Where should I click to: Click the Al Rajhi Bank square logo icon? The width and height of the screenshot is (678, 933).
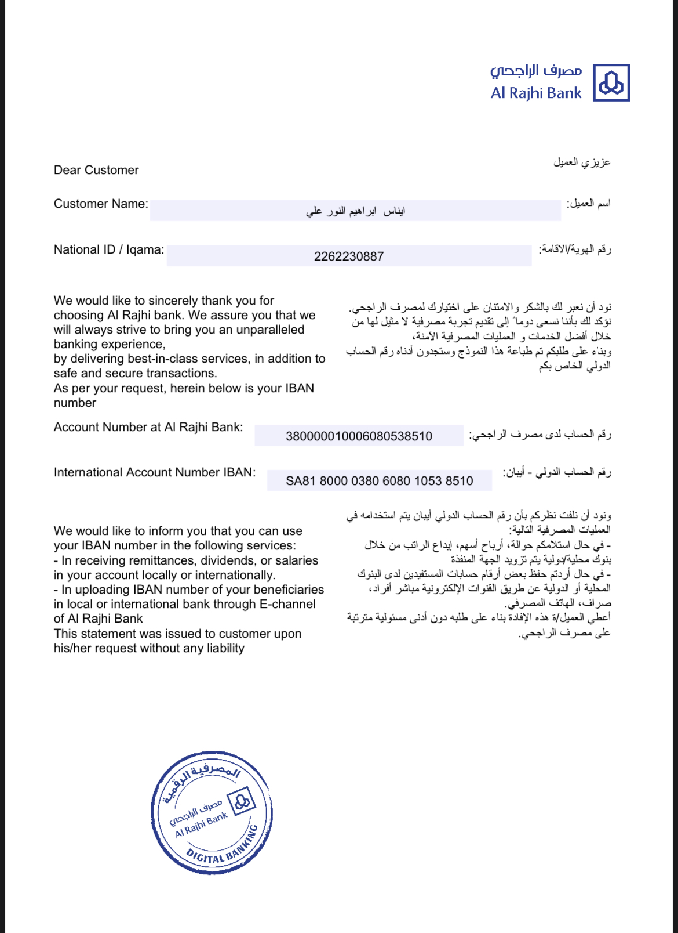(x=611, y=83)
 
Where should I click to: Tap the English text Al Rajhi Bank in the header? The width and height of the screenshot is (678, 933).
(x=536, y=93)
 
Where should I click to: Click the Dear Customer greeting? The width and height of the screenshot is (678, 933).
(x=96, y=170)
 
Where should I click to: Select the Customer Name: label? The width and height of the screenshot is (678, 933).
(x=101, y=204)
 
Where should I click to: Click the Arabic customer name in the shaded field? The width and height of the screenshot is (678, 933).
(x=355, y=211)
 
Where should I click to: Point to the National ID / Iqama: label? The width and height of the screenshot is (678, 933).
(x=109, y=249)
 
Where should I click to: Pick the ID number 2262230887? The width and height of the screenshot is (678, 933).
(x=349, y=256)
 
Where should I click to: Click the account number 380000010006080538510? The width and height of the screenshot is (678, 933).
(x=359, y=436)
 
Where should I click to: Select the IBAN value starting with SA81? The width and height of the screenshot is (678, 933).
(x=379, y=481)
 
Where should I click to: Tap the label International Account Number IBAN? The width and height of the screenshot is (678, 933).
(x=155, y=472)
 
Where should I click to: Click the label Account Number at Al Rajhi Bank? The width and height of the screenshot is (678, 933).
(x=148, y=427)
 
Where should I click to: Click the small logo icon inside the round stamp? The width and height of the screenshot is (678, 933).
(x=242, y=801)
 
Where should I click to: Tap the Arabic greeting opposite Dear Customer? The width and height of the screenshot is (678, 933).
(x=582, y=162)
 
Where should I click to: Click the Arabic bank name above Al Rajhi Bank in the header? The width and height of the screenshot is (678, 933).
(x=536, y=71)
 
